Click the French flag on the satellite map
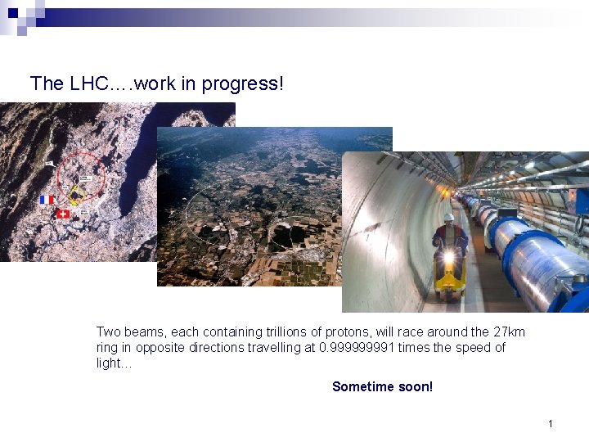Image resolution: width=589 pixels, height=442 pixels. [x=47, y=200]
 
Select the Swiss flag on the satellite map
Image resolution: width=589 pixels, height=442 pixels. [x=63, y=214]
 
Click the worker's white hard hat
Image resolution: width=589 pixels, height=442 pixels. [x=448, y=219]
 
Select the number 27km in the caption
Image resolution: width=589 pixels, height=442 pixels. [x=509, y=331]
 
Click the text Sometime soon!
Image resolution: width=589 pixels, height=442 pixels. [x=382, y=386]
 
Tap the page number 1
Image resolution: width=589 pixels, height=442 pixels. [x=551, y=423]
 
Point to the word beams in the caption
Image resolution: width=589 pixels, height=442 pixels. [x=142, y=331]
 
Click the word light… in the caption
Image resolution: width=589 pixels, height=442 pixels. [x=114, y=363]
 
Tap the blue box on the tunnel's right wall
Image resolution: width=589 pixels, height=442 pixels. [x=579, y=201]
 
